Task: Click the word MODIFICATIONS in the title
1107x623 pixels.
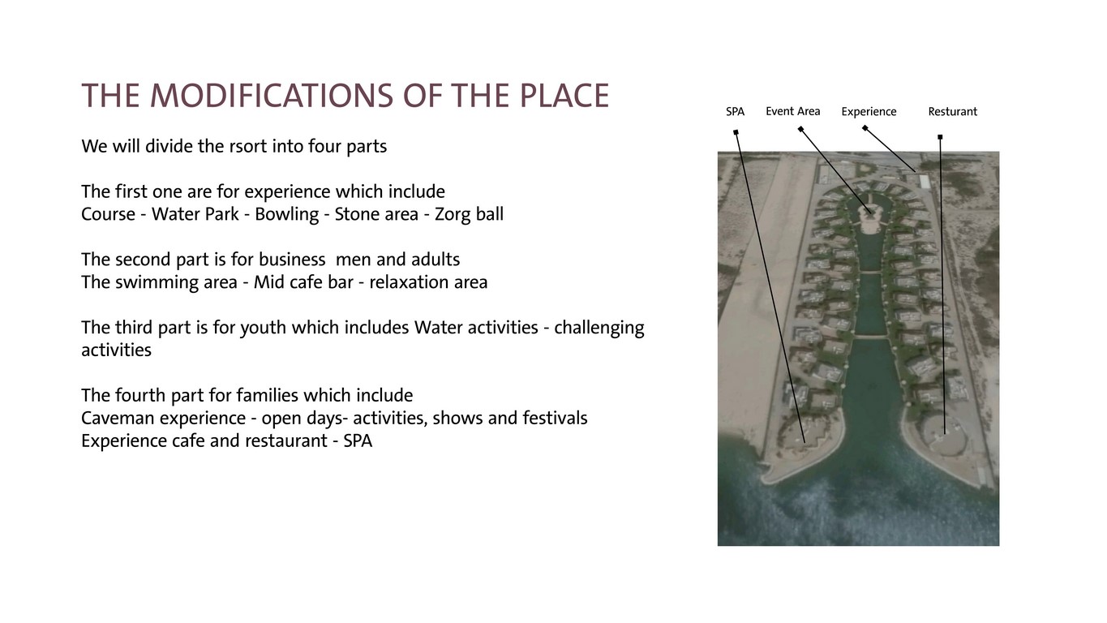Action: [x=272, y=96]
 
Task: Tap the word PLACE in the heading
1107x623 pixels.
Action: [x=564, y=96]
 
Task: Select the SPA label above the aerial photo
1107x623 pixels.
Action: [x=735, y=112]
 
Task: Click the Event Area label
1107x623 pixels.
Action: [x=792, y=111]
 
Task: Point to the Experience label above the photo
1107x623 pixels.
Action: [x=869, y=112]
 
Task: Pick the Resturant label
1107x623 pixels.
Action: [x=952, y=112]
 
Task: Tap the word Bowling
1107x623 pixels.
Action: [x=286, y=214]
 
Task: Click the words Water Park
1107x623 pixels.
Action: [x=195, y=214]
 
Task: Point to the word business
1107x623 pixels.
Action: [x=292, y=259]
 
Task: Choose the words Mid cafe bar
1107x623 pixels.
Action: [x=303, y=281]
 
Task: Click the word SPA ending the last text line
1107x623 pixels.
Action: [x=358, y=441]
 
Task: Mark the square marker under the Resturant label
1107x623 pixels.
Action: [x=940, y=137]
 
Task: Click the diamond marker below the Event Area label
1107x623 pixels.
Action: [x=800, y=129]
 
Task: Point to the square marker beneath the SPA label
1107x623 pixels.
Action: [x=736, y=132]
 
